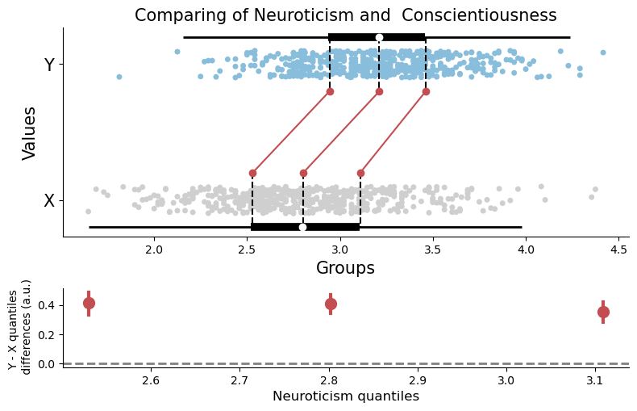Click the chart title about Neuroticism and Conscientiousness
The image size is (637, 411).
[345, 15]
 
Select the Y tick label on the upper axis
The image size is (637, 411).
[49, 65]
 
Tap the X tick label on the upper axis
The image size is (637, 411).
[49, 201]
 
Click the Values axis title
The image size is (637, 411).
[30, 133]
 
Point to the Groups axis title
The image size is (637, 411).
[345, 268]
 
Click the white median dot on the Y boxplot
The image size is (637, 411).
[379, 37]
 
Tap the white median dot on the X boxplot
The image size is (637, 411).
[302, 227]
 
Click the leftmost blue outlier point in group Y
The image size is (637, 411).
[119, 77]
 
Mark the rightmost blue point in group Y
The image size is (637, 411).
[602, 52]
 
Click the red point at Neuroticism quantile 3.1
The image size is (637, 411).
[603, 312]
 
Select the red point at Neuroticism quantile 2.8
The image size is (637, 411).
[331, 304]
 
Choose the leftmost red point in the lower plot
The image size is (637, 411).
[89, 303]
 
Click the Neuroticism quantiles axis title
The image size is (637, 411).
[345, 396]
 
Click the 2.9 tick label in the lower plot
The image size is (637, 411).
[417, 380]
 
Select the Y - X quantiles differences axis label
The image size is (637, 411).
[21, 326]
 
